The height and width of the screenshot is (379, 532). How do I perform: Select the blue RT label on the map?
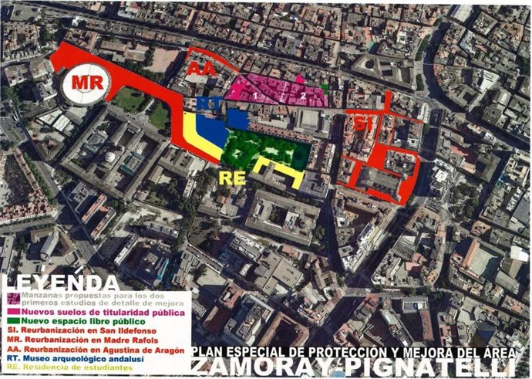coord(204,103)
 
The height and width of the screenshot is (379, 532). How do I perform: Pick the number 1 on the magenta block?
coord(254,96)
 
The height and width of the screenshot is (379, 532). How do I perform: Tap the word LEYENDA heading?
coord(60,282)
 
